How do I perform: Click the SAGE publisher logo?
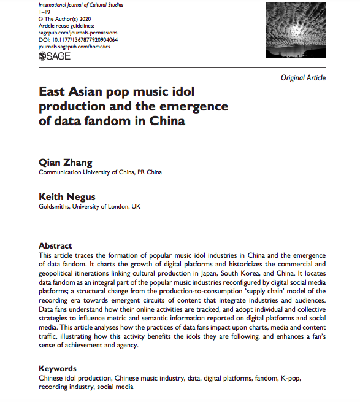click(x=54, y=56)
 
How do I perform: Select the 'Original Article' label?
click(x=303, y=78)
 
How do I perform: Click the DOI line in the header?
click(x=78, y=39)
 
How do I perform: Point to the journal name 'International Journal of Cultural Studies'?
click(x=81, y=5)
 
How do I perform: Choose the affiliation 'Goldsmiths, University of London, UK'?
click(x=90, y=207)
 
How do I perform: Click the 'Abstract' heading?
click(x=55, y=245)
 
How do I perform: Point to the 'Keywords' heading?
click(x=58, y=369)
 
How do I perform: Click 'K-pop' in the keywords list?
click(x=288, y=379)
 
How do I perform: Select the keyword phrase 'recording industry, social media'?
click(x=85, y=387)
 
